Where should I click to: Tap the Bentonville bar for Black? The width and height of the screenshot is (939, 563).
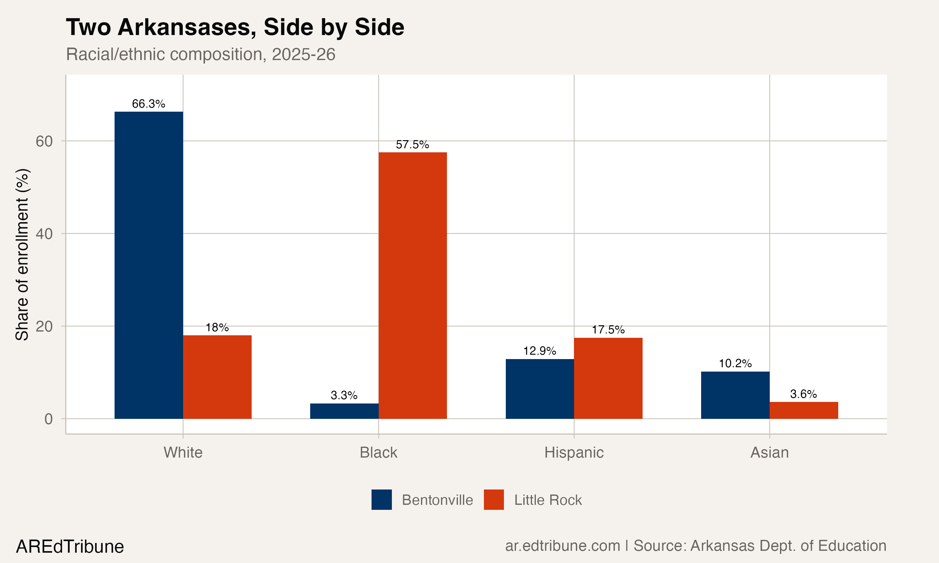click(x=344, y=411)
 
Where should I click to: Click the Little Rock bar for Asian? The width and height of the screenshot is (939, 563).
click(x=803, y=410)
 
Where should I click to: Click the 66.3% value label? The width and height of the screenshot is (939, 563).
click(x=148, y=104)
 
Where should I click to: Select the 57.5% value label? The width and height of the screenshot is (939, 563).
click(x=412, y=145)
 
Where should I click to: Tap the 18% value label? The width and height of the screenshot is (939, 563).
click(x=217, y=327)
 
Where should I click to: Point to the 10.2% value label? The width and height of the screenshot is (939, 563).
click(x=735, y=363)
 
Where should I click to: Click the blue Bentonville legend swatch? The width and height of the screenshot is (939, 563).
click(x=382, y=500)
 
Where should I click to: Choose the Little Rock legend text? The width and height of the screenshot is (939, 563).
click(x=548, y=500)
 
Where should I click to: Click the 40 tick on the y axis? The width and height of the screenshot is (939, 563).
click(x=44, y=234)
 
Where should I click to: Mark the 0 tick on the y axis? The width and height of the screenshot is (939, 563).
click(x=48, y=419)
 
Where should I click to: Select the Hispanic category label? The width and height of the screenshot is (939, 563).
click(x=574, y=453)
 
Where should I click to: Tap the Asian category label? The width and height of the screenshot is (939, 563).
click(x=769, y=453)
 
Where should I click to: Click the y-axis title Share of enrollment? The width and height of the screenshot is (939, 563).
click(x=22, y=254)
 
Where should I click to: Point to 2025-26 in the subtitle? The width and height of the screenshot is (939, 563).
click(x=303, y=54)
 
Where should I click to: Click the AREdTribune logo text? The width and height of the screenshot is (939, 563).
click(x=70, y=547)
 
